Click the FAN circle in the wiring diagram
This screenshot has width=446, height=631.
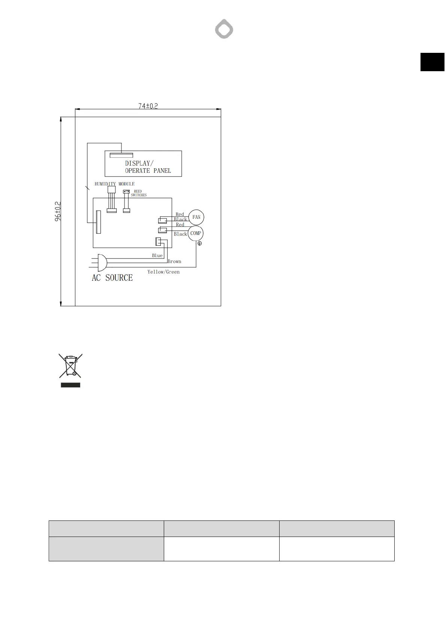[x=196, y=217]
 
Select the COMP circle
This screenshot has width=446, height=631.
[x=196, y=233]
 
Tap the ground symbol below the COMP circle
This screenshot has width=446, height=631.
[x=199, y=244]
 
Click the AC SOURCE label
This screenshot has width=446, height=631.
[x=112, y=278]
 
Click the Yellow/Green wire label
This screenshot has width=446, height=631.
[x=163, y=272]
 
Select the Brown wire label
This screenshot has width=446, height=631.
[x=174, y=262]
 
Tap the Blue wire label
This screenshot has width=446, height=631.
[x=157, y=256]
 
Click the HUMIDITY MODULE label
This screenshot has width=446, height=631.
[x=114, y=184]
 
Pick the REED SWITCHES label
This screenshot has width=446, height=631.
[x=139, y=193]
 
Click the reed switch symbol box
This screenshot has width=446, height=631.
[x=126, y=192]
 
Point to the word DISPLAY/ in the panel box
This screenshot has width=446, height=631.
[x=139, y=163]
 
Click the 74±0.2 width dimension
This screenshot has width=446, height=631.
[x=148, y=106]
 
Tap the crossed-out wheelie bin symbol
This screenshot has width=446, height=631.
[x=70, y=366]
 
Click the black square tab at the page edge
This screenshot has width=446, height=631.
[x=432, y=62]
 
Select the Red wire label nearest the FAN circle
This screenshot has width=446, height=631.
[x=180, y=214]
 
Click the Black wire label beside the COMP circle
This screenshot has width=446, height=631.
[x=180, y=234]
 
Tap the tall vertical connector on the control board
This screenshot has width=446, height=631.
[x=99, y=222]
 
